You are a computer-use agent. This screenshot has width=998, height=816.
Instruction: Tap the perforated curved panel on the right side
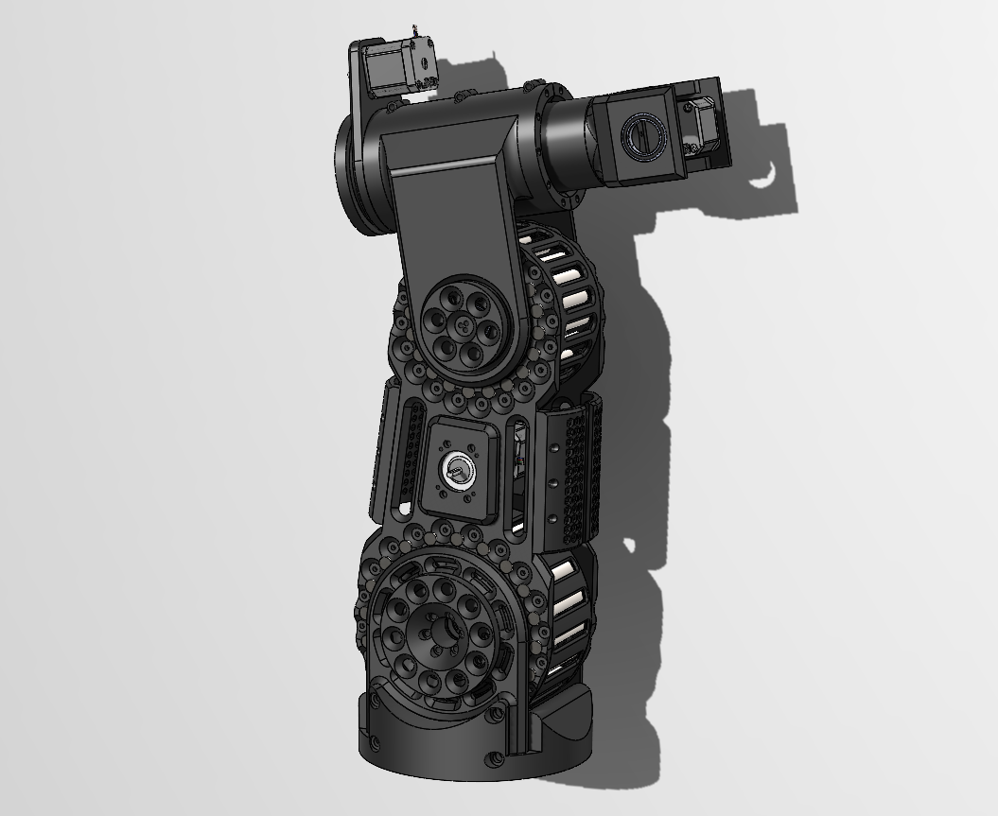577,473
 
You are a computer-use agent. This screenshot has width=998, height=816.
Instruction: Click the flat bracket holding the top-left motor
365,95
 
